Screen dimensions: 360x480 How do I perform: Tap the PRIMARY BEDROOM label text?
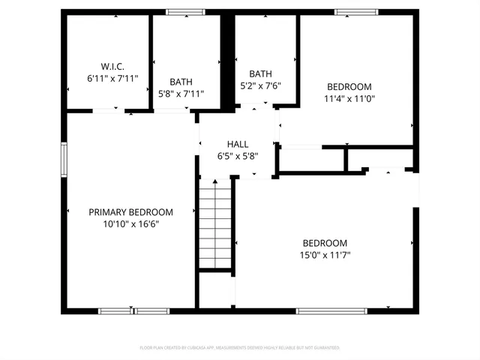tap(130, 212)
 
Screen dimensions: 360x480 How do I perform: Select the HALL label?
tap(238, 145)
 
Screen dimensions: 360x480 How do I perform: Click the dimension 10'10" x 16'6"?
tap(130, 223)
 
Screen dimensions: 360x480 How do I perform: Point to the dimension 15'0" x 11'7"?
tap(325, 255)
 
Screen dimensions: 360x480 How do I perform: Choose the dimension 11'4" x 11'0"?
tap(349, 98)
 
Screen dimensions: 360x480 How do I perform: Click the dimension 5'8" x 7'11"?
tap(181, 94)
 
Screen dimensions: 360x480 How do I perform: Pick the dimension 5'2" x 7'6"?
tap(260, 85)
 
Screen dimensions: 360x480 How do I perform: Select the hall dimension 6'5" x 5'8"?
tap(238, 157)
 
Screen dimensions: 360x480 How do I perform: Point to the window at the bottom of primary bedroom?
tap(134, 310)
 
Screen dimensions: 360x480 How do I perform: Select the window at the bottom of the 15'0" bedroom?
tap(331, 310)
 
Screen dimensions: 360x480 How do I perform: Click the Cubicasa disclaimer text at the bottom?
tap(240, 348)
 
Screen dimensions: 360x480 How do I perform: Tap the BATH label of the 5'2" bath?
tap(260, 73)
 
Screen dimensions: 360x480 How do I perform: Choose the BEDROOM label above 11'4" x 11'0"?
tap(349, 86)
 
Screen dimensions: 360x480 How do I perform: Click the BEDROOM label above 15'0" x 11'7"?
tap(325, 243)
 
